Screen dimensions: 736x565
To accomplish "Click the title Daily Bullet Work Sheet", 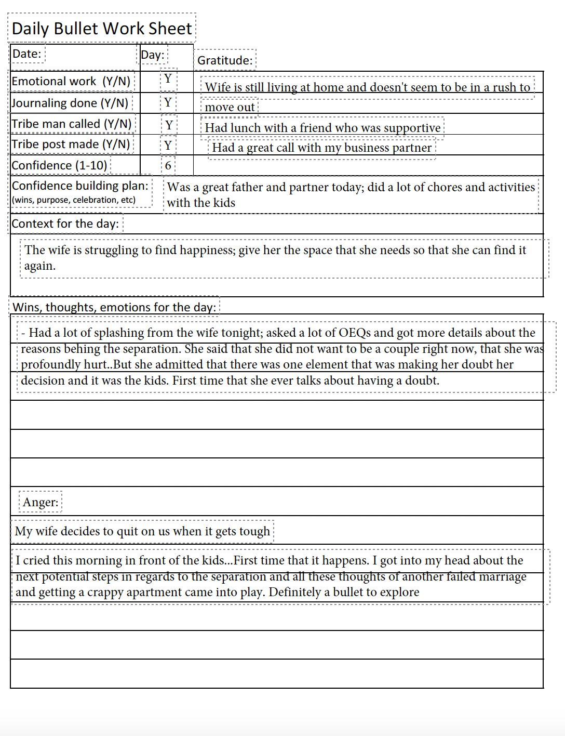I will [102, 28].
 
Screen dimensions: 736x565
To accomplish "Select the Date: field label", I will [26, 54].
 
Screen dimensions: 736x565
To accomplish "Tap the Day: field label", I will [153, 55].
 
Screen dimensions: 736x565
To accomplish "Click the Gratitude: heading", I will [225, 60].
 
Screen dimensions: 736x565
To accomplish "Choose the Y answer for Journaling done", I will [168, 102].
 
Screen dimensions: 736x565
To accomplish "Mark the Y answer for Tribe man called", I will [169, 125].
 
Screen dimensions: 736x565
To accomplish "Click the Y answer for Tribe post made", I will [168, 145].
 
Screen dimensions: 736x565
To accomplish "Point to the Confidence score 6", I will [168, 166].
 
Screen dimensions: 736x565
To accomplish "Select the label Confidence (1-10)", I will [59, 165].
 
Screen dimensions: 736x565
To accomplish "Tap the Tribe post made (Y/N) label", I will [71, 144].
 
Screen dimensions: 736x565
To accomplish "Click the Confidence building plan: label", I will [80, 186].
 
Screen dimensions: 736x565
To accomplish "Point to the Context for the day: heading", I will [65, 224].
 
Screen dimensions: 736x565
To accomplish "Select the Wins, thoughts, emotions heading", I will [114, 307].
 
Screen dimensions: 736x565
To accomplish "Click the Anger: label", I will [41, 502].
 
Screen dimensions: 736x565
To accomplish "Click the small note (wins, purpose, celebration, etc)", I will [73, 200].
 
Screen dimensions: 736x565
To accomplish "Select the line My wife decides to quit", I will [142, 531].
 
